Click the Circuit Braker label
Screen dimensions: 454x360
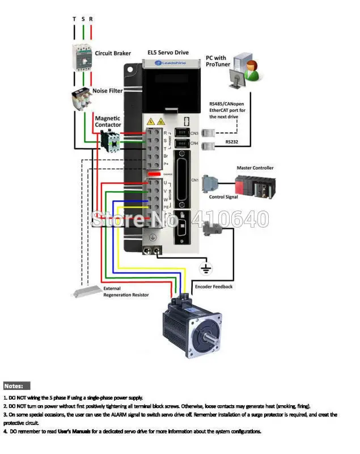[x=113, y=53]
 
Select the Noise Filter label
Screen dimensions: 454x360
[x=108, y=90]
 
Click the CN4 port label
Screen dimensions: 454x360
[x=194, y=144]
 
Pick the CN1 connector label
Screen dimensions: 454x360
[x=194, y=180]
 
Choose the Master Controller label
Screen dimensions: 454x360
[x=255, y=168]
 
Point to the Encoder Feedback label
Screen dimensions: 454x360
[x=214, y=287]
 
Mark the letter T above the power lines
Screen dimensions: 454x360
[x=74, y=19]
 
